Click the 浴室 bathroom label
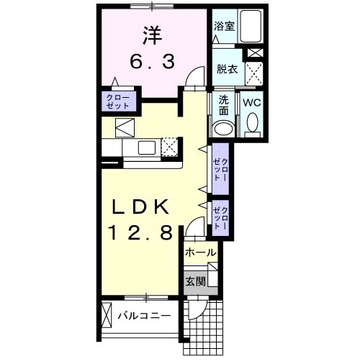[x=224, y=26]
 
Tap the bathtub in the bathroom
[x=251, y=26]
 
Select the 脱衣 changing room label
[x=227, y=69]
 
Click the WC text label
[x=252, y=103]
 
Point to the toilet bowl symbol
[x=252, y=123]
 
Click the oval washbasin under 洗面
[x=224, y=129]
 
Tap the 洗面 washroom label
[x=223, y=106]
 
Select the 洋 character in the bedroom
[x=153, y=35]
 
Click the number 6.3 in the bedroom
[x=152, y=62]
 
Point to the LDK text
[x=140, y=207]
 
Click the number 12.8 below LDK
[x=141, y=232]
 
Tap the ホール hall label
[x=201, y=252]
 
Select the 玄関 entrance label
[x=196, y=281]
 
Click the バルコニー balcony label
[x=144, y=316]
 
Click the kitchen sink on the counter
[x=147, y=147]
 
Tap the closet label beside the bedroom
[x=118, y=102]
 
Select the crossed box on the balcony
[x=107, y=315]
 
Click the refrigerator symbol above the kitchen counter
[x=125, y=127]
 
